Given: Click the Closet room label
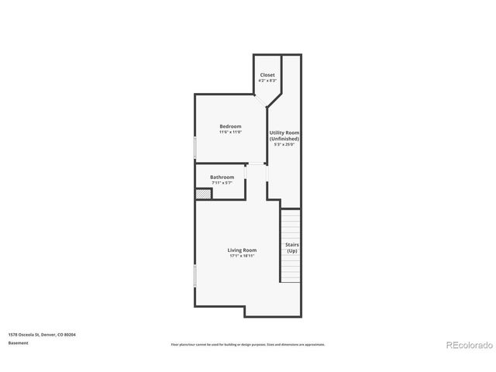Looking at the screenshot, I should (267, 75).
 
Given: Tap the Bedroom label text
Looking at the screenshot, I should (230, 126).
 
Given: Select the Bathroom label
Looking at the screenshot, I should (222, 177).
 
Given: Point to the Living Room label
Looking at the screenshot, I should (242, 250).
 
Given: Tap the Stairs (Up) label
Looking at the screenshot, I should (292, 248).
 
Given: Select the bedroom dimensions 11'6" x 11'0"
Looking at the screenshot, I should (230, 133).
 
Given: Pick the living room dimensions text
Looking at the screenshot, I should (242, 256).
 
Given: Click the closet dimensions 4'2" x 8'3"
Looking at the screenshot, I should (267, 81).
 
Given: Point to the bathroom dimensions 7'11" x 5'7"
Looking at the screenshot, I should (222, 184).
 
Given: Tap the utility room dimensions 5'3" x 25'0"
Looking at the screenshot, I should (284, 145).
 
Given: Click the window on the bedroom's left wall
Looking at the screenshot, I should (195, 147).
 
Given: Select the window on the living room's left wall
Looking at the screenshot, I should (195, 274).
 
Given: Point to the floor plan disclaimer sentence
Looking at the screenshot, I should (248, 344).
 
